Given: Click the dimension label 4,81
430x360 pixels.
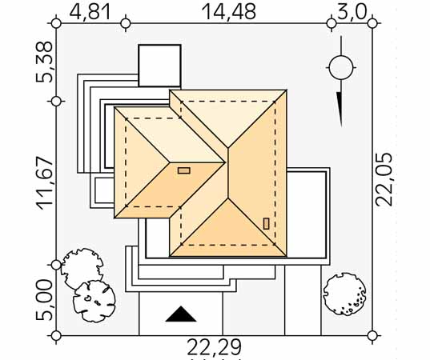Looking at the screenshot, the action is click(x=90, y=12).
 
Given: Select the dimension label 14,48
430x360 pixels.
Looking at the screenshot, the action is click(x=229, y=12).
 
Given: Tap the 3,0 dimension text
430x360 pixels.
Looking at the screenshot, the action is click(x=352, y=12).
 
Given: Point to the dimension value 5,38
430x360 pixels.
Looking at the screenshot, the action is click(x=44, y=62).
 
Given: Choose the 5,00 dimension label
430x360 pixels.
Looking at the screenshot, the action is click(x=44, y=300).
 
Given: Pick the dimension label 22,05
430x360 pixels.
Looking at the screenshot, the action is click(x=384, y=179).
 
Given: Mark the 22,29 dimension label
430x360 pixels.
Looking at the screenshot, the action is click(x=214, y=347).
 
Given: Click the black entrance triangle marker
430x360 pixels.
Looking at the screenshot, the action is click(x=181, y=314).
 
